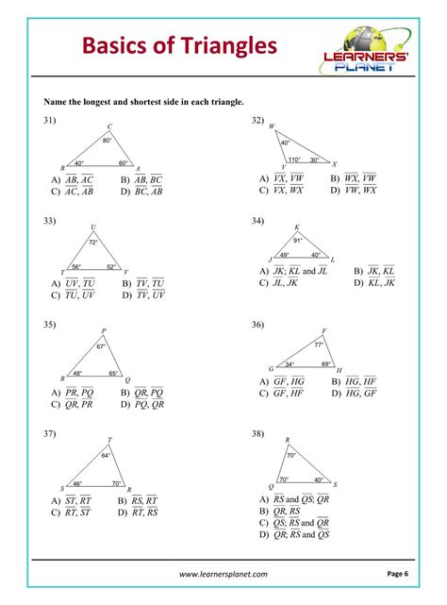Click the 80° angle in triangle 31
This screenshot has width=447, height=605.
(108, 141)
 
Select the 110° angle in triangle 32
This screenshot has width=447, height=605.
(293, 160)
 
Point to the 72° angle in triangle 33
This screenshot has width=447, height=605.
(93, 243)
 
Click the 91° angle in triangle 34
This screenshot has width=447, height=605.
(298, 240)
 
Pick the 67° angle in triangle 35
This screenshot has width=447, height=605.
(101, 347)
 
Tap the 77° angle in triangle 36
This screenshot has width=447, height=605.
(318, 345)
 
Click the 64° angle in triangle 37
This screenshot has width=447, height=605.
(106, 455)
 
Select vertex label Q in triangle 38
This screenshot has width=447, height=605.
(272, 486)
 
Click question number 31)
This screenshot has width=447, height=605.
(50, 121)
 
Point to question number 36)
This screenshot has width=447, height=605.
(257, 325)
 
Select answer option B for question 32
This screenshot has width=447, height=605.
(354, 177)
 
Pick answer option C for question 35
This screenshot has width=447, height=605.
(73, 404)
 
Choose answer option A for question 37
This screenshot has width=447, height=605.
(72, 500)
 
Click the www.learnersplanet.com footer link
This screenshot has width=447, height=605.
(223, 573)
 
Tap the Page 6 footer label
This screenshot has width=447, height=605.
(397, 572)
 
